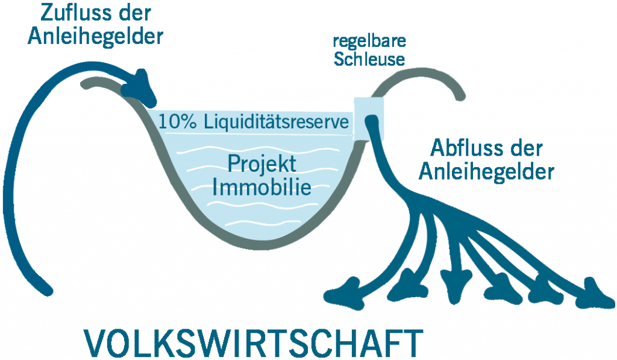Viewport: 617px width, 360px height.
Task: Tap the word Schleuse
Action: pos(369,59)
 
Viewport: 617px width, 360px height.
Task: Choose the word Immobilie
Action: pos(262,187)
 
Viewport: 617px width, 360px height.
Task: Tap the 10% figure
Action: pos(177,122)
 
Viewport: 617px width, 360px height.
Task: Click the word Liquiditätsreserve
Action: pos(276,122)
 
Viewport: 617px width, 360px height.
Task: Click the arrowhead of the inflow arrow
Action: pos(140,89)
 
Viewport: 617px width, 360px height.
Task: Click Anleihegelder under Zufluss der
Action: pos(95,37)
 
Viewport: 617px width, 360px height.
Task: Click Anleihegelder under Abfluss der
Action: pos(486,172)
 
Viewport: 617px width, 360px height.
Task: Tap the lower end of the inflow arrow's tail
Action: pos(47,291)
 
